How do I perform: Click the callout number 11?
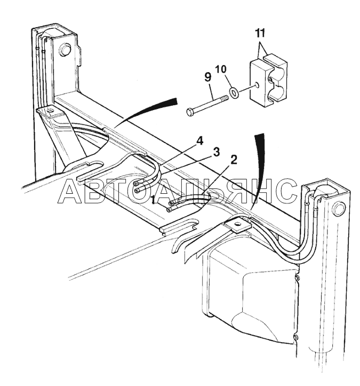(x=260, y=33)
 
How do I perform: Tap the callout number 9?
(x=207, y=77)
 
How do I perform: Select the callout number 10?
(x=221, y=69)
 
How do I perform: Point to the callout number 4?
(x=199, y=141)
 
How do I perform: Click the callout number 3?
(x=216, y=152)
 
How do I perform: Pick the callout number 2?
(x=234, y=160)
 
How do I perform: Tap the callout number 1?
(x=154, y=200)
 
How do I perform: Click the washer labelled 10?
(x=234, y=93)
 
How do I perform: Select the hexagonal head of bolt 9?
(x=190, y=112)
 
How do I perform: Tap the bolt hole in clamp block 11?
(x=257, y=85)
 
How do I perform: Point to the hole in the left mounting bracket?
(x=51, y=111)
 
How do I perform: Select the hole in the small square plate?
(x=237, y=224)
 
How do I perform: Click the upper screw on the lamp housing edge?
(x=297, y=278)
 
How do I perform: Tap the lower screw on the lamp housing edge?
(x=296, y=337)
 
